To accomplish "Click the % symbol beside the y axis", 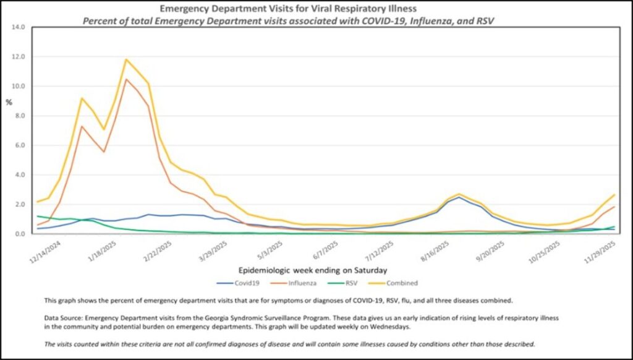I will (9, 102).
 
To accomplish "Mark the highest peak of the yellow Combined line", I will (127, 59).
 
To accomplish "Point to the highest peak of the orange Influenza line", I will (127, 79).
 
